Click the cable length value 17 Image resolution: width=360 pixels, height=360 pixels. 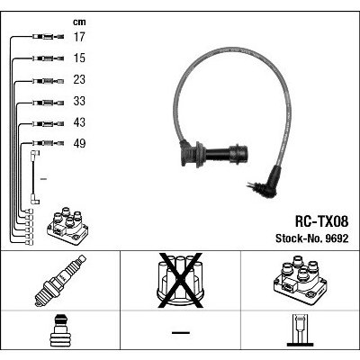click(79, 37)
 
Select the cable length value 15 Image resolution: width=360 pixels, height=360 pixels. click(79, 58)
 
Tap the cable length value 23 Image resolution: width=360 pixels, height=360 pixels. click(79, 79)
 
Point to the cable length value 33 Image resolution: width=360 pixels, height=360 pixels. click(79, 101)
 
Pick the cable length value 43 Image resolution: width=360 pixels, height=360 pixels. click(79, 122)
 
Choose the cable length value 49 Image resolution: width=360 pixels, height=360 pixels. click(79, 143)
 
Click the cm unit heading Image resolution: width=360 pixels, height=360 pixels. click(79, 22)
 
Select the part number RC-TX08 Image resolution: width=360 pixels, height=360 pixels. click(322, 221)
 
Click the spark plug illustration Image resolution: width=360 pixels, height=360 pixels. click(60, 281)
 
